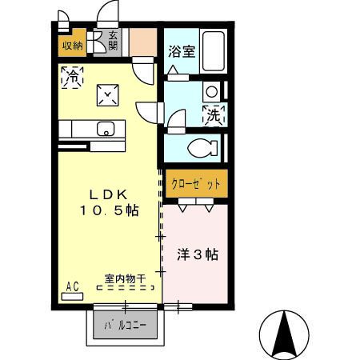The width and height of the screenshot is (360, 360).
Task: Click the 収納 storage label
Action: (x=71, y=46)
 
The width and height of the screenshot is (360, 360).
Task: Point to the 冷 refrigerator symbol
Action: (x=71, y=78)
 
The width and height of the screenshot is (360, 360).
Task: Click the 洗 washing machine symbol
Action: (x=214, y=114)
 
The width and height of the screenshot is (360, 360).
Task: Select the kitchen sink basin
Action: (x=106, y=128)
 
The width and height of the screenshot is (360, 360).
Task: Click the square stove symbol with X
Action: (x=106, y=95)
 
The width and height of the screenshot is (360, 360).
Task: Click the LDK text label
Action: (x=107, y=194)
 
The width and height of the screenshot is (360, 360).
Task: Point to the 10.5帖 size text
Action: (x=108, y=211)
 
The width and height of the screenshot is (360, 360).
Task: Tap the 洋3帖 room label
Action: (x=197, y=255)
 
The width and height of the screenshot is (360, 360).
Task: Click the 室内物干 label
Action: (x=125, y=279)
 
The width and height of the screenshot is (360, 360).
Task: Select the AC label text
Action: (x=72, y=286)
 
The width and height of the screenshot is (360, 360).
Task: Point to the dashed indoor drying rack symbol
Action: (x=125, y=290)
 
